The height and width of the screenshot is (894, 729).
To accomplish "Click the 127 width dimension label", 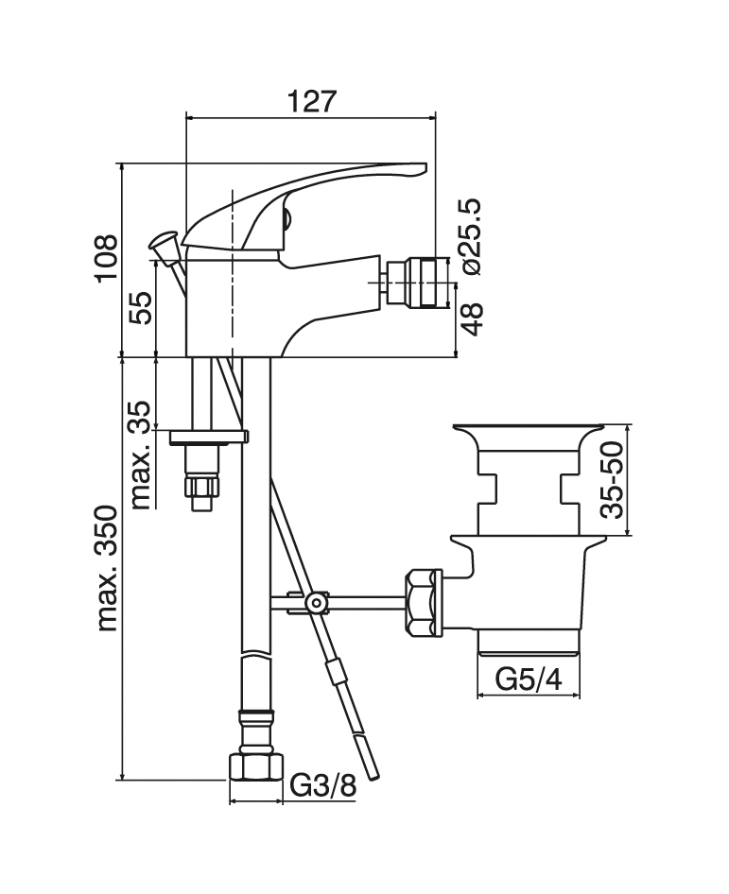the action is coord(312,102).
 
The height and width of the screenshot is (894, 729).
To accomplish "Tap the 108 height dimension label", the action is coord(107,257).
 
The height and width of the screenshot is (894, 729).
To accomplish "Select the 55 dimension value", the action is coord(140,308).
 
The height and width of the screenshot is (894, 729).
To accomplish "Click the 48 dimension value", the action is coord(471,318).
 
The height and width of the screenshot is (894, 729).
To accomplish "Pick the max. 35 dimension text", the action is coord(140,455).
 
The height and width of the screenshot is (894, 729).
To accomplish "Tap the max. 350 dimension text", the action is coord(107,568).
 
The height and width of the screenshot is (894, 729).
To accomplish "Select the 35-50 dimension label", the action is coord(613,479).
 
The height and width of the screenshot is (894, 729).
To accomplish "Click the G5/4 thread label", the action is coord(529,679).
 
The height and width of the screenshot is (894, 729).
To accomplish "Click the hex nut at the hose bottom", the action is coord(256,767).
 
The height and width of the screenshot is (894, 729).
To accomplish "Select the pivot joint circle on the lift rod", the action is coord(316,602).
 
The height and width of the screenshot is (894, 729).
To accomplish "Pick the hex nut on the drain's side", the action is coord(423,602).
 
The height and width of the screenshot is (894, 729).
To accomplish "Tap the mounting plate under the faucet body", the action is coord(209,437).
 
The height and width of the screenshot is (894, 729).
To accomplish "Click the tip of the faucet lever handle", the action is coord(425,166).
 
